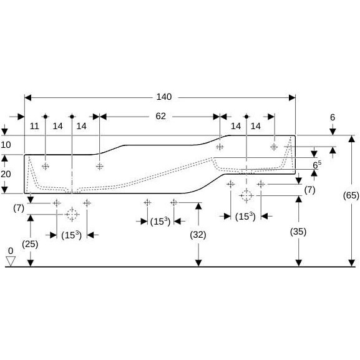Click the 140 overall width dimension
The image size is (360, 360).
click(x=164, y=97)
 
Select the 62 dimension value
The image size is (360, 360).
click(x=160, y=116)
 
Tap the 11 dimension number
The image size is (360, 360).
click(x=34, y=126)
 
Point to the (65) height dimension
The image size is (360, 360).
click(x=351, y=195)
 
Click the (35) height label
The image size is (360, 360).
click(x=298, y=231)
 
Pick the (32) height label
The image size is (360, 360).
click(x=198, y=235)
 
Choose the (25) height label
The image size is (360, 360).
click(x=30, y=244)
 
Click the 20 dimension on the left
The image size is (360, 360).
click(x=6, y=174)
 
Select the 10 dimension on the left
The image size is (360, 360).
click(x=6, y=145)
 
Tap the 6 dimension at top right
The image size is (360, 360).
click(x=333, y=117)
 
